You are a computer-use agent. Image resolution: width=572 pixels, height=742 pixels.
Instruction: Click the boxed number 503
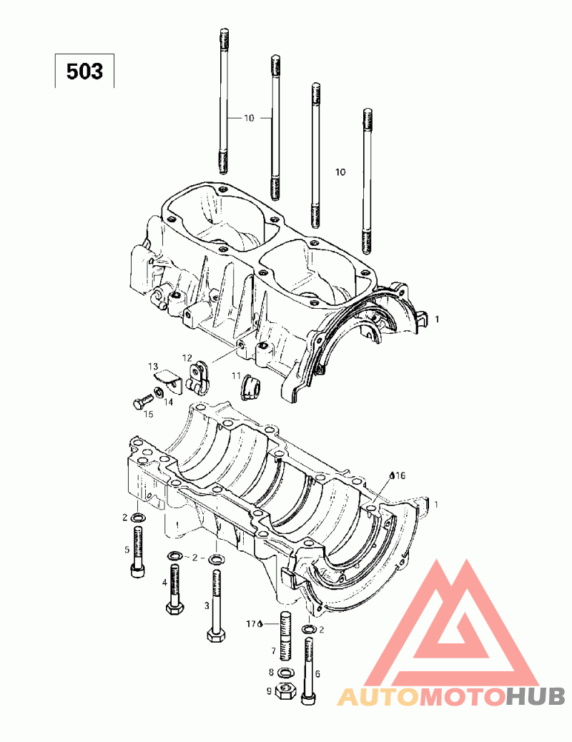pyautogui.click(x=84, y=71)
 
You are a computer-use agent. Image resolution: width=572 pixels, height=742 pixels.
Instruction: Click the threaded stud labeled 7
pyautogui.click(x=285, y=635)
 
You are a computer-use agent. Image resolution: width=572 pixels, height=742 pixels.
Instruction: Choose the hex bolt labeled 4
pyautogui.click(x=174, y=590)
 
